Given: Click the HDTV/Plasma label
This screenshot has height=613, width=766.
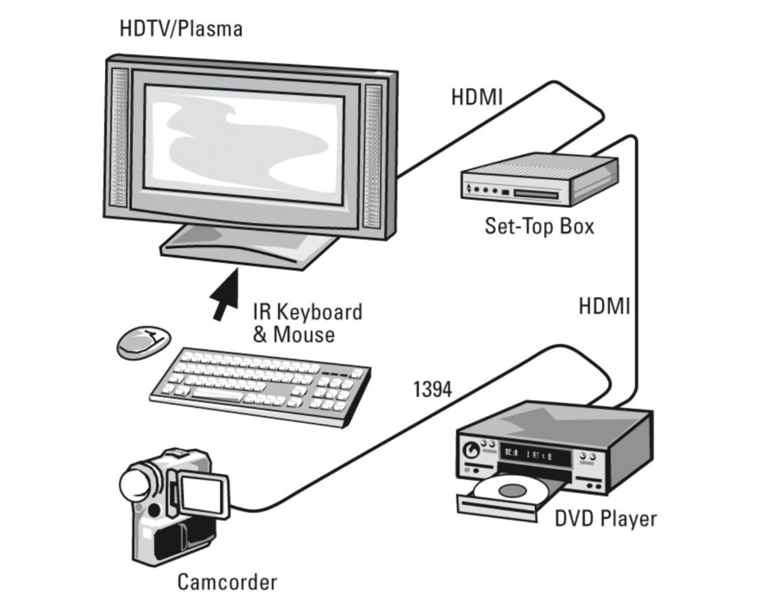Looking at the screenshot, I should (181, 30).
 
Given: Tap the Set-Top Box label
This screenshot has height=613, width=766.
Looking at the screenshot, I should (538, 226).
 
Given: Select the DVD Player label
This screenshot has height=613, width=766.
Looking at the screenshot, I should (606, 519).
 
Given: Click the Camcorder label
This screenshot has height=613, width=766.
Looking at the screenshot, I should (227, 582).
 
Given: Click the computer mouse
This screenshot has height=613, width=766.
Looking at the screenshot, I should (143, 340).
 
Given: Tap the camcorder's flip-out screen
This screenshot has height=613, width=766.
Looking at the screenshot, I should (203, 495).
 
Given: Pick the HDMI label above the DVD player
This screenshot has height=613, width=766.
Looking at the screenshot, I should (604, 307).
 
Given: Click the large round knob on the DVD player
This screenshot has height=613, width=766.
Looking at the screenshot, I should (474, 450).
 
